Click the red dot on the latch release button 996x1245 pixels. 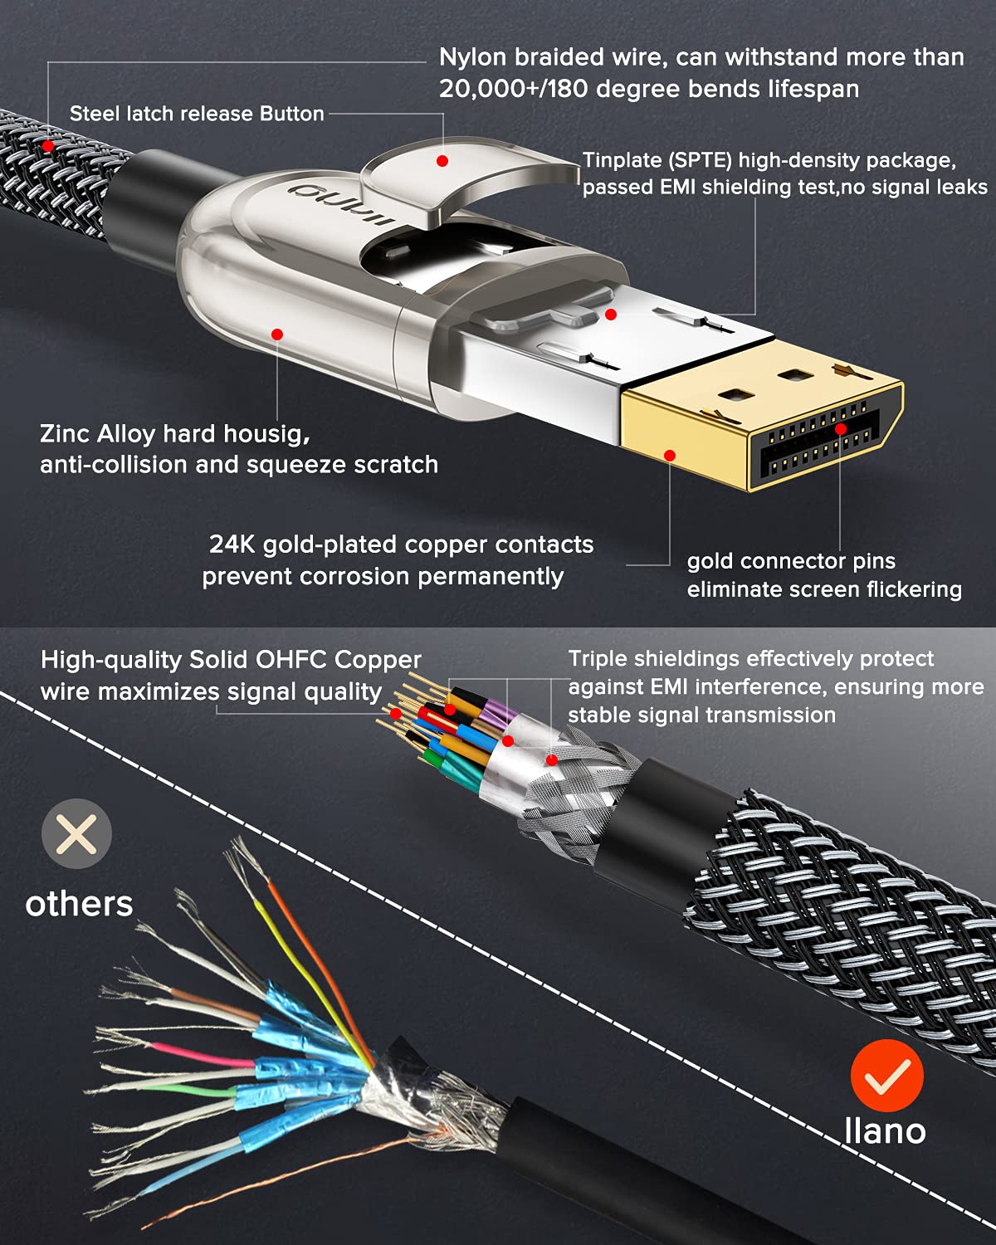pyautogui.click(x=442, y=161)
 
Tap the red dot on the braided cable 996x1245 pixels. pyautogui.click(x=48, y=146)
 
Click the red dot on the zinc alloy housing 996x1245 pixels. pyautogui.click(x=277, y=334)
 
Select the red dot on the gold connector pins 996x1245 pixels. pyautogui.click(x=840, y=428)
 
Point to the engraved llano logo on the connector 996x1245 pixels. pyautogui.click(x=341, y=203)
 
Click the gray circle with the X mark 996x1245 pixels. pyautogui.click(x=76, y=833)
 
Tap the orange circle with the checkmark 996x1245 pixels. pyautogui.click(x=886, y=1076)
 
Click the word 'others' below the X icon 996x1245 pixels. pyautogui.click(x=80, y=904)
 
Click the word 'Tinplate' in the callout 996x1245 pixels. pyautogui.click(x=622, y=160)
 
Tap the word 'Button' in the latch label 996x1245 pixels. pyautogui.click(x=291, y=114)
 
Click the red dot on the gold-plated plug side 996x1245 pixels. pyautogui.click(x=670, y=456)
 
